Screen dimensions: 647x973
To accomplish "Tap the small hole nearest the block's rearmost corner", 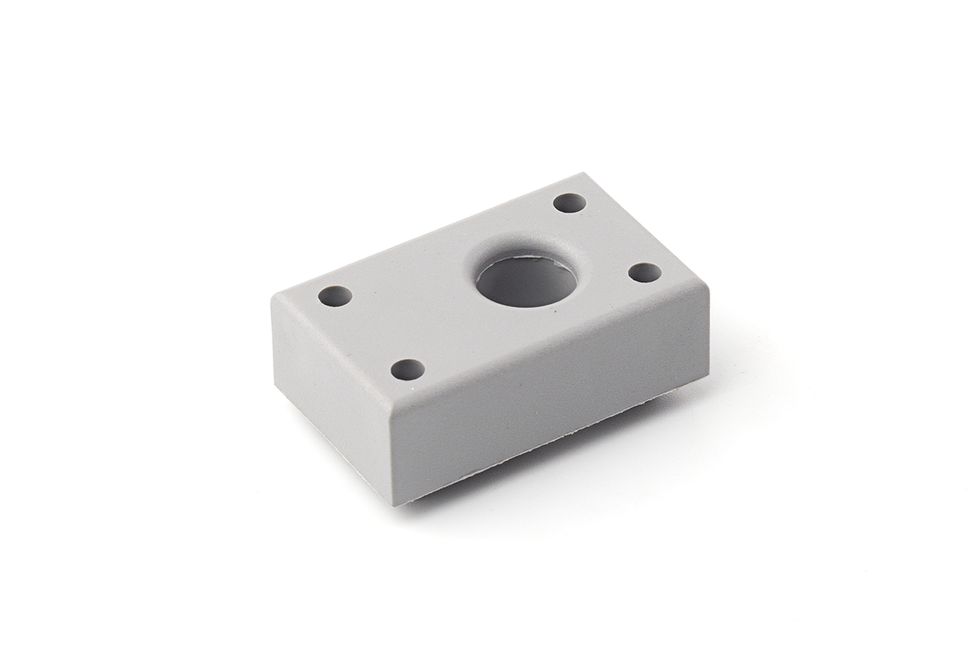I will point(570,203).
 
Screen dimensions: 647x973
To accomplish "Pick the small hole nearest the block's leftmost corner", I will point(334,295).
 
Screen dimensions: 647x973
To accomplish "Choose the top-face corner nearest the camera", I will point(393,409).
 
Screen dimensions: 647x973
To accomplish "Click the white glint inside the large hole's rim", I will point(522,255).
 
